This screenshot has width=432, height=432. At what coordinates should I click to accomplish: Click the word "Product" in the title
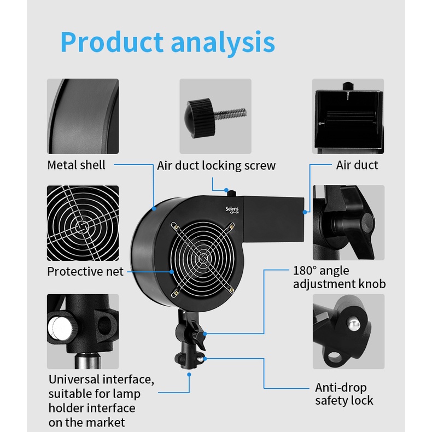coord(112,42)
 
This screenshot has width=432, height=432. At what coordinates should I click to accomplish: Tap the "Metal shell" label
coord(76,165)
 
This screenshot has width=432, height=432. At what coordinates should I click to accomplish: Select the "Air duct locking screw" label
coord(217,165)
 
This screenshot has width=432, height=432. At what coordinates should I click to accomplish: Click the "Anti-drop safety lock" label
coord(344,394)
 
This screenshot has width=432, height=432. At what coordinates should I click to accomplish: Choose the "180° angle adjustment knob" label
coord(339,277)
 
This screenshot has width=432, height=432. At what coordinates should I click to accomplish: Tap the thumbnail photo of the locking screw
coord(215,116)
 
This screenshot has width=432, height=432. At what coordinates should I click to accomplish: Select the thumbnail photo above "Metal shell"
coord(83,116)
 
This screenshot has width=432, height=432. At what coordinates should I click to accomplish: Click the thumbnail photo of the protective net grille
coord(83,223)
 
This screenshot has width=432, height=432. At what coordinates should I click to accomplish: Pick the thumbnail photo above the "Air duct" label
coord(348,116)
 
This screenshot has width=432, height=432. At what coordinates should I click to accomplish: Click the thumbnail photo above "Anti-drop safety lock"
coord(348,331)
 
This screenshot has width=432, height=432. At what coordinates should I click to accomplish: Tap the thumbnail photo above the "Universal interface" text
coord(83,331)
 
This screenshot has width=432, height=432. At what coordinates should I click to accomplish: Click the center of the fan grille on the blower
coord(204,258)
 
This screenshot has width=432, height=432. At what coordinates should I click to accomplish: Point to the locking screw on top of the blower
coord(231,192)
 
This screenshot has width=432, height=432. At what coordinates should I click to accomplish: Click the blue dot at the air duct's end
coord(304,209)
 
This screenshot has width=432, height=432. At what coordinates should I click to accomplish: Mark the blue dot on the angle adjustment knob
coord(205,332)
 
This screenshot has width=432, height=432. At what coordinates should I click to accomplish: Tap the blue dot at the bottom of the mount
coord(189,375)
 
